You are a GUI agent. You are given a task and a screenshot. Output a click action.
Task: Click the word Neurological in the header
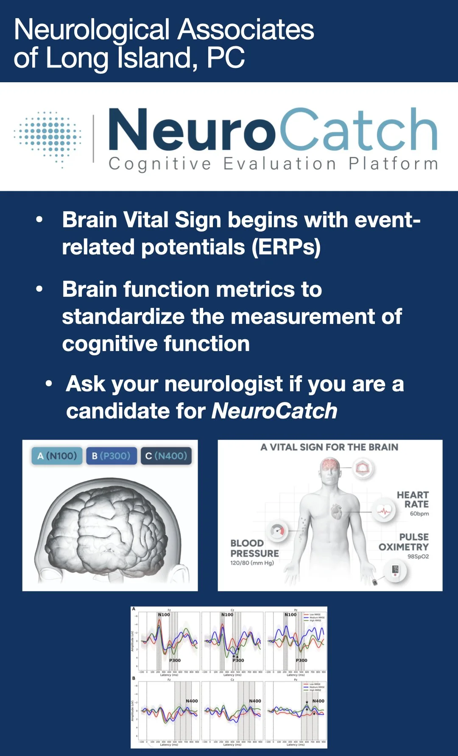coord(92,31)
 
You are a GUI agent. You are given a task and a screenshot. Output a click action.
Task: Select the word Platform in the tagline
coord(393,164)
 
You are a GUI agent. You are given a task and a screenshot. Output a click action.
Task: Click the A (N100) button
coord(57,456)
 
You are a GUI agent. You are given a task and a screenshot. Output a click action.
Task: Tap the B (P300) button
coord(111,456)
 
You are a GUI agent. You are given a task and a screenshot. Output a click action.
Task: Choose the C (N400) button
coord(166,456)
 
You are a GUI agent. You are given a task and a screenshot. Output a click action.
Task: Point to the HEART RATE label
coord(412,499)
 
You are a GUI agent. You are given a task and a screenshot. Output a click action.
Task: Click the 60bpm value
coord(419,513)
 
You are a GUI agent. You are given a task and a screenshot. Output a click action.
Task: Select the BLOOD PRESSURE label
coord(254,548)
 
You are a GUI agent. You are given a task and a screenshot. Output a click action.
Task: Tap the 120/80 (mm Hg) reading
coord(252,563)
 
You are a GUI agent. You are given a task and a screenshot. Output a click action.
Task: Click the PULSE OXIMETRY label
coord(404,542)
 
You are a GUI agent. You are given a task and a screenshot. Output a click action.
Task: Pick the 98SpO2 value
coord(418,556)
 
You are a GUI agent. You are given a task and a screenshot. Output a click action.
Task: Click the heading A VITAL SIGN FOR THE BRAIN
coord(329,447)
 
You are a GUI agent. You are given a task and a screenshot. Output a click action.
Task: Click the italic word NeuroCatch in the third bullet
coord(274,410)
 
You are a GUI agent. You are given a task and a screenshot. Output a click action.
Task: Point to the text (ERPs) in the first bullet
coord(286,247)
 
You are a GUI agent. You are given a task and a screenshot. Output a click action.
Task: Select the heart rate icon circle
coord(384,511)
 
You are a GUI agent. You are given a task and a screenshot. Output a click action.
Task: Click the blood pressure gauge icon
coord(278,531)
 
